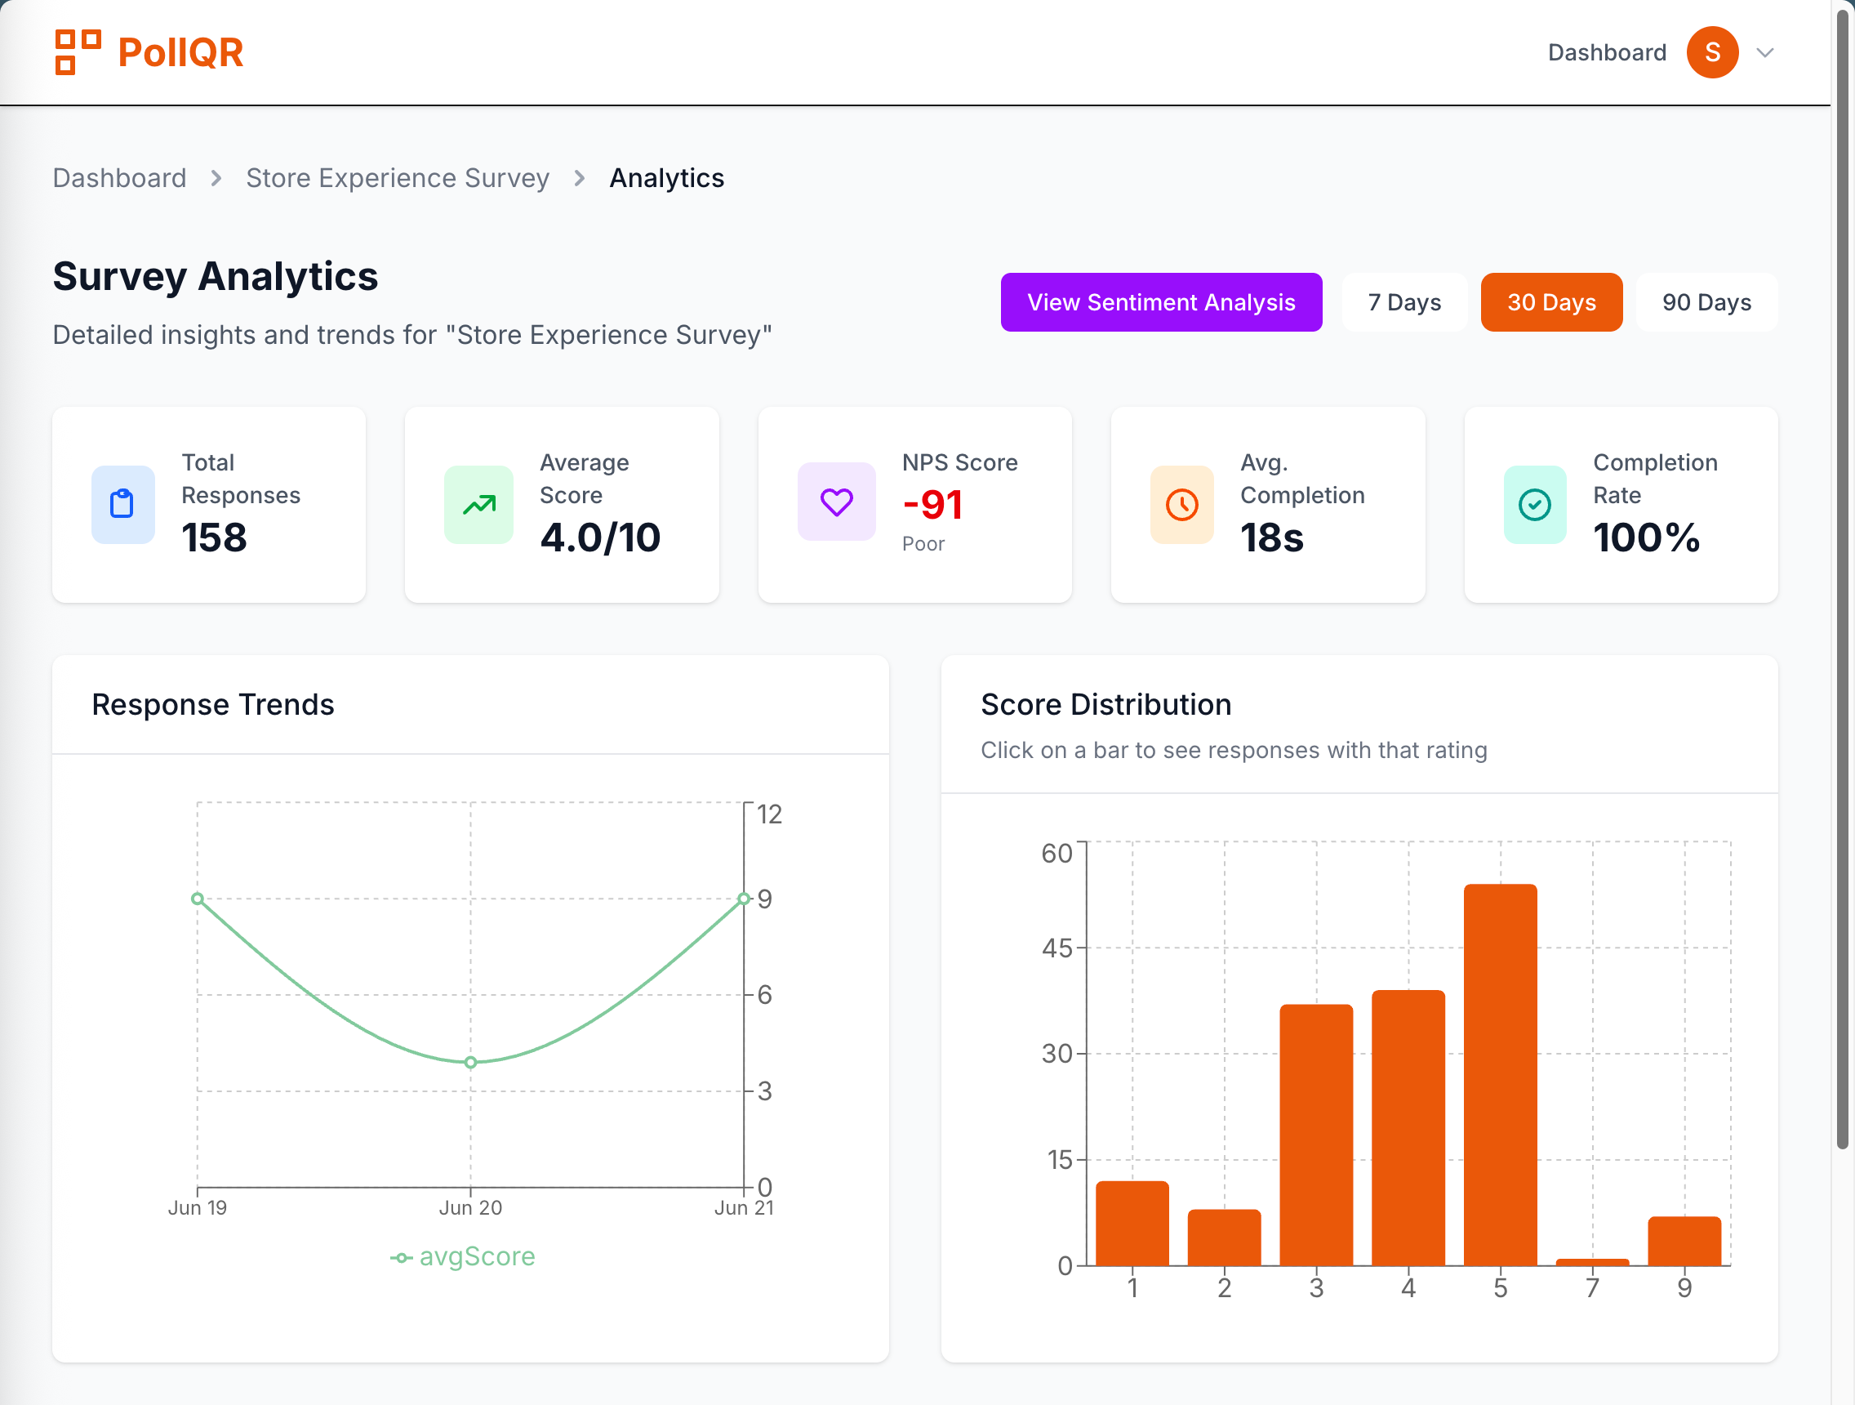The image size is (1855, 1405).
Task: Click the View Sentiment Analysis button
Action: click(x=1161, y=302)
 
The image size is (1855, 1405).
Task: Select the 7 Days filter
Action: click(x=1403, y=302)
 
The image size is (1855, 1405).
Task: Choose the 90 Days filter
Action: click(x=1706, y=302)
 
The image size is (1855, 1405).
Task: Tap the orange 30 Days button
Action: click(x=1550, y=302)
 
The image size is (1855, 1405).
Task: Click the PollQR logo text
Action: click(x=180, y=53)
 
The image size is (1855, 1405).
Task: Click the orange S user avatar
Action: click(x=1711, y=52)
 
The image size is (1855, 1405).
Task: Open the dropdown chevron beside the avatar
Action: click(x=1764, y=53)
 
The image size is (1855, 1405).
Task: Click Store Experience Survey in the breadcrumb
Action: click(x=398, y=178)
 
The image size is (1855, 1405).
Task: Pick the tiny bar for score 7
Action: click(x=1591, y=1261)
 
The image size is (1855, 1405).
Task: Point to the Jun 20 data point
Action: click(x=470, y=1062)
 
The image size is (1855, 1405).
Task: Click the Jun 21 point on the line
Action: click(x=743, y=899)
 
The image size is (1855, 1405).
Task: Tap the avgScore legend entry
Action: click(x=463, y=1256)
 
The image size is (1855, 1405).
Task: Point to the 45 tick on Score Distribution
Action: click(x=1057, y=948)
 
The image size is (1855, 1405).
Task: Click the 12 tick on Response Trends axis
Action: click(x=769, y=814)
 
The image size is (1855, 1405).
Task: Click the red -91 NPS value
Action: click(x=932, y=504)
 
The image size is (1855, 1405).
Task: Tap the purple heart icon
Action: click(x=836, y=502)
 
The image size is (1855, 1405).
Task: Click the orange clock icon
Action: click(x=1181, y=504)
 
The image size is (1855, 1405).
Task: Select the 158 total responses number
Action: click(x=214, y=537)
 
